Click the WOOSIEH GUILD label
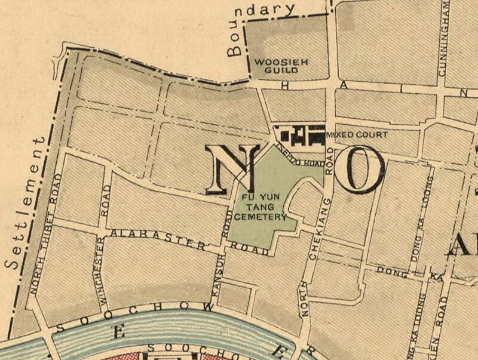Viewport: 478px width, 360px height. pyautogui.click(x=276, y=66)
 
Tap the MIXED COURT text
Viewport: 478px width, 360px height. pyautogui.click(x=357, y=135)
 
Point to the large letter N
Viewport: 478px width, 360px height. pyautogui.click(x=233, y=170)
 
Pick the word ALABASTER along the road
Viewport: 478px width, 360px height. pyautogui.click(x=158, y=238)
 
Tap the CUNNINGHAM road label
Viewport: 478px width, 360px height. pyautogui.click(x=443, y=38)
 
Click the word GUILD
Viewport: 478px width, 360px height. pyautogui.click(x=276, y=70)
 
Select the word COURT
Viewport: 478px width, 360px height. pyautogui.click(x=371, y=135)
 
